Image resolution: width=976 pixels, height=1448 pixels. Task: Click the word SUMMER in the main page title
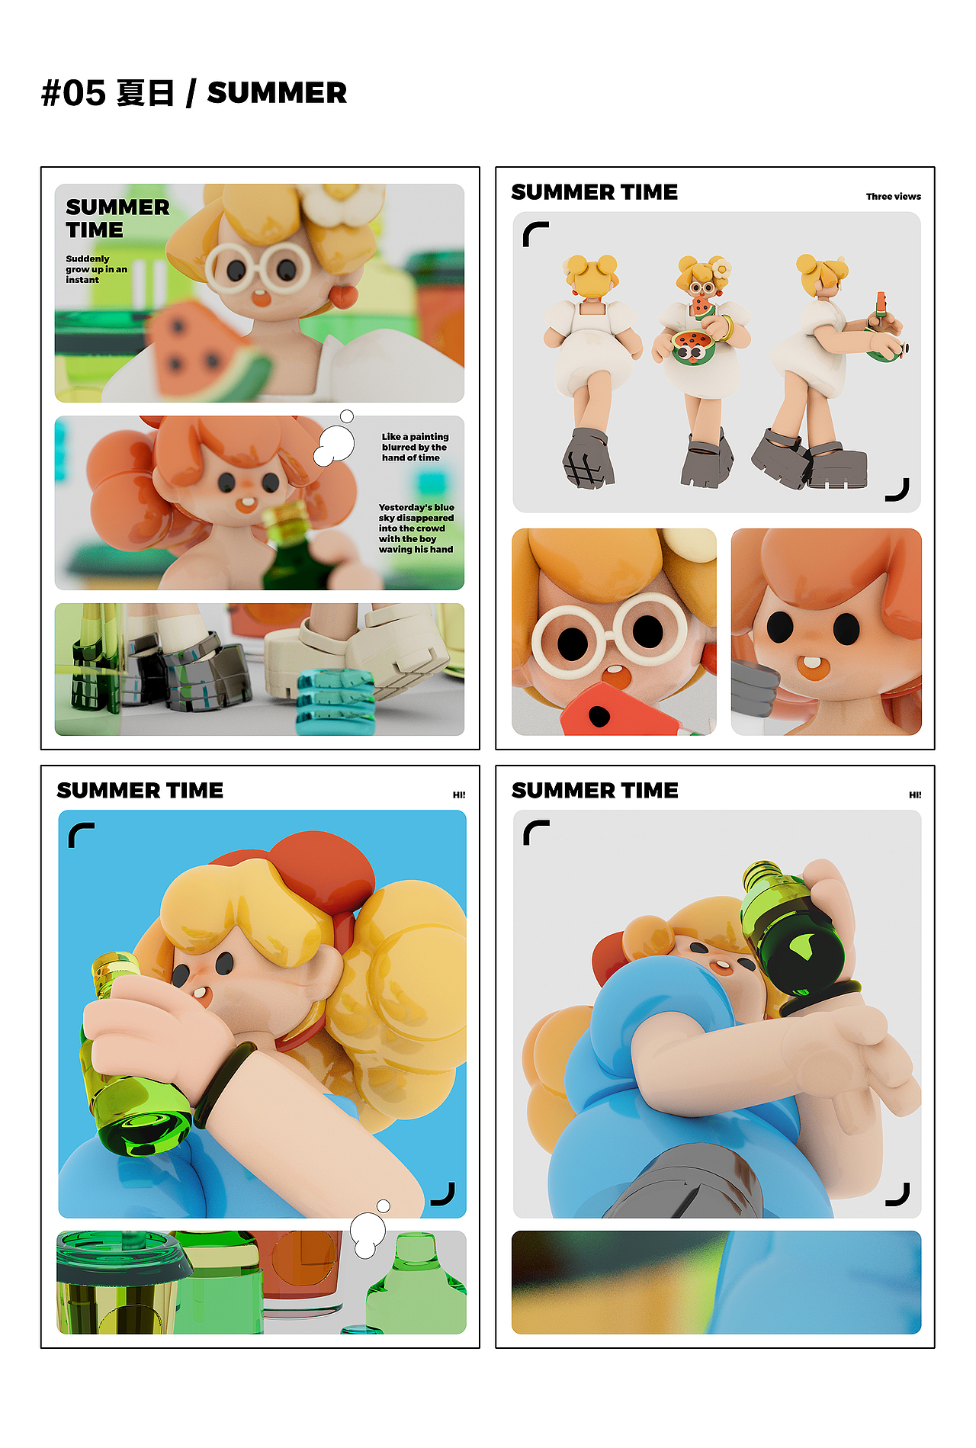pos(277,93)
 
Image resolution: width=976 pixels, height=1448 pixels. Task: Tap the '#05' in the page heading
pos(73,93)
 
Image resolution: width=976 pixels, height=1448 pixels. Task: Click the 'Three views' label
pos(893,196)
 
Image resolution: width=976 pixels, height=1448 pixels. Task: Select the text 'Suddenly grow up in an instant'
pos(96,269)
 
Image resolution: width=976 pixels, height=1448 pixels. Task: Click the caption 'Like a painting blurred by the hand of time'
pos(415,447)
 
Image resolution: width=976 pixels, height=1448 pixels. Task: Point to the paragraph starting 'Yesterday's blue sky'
pos(416,528)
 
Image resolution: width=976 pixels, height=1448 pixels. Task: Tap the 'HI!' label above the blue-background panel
pos(459,795)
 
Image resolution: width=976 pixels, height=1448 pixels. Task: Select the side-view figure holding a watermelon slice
pos(831,371)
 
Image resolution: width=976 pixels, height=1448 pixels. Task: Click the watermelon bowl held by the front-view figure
pos(692,348)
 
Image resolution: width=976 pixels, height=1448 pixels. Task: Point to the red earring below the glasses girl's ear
pos(345,294)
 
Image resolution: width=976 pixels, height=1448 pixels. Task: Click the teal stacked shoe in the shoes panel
pos(335,701)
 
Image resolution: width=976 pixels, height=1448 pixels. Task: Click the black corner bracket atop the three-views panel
pos(535,233)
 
